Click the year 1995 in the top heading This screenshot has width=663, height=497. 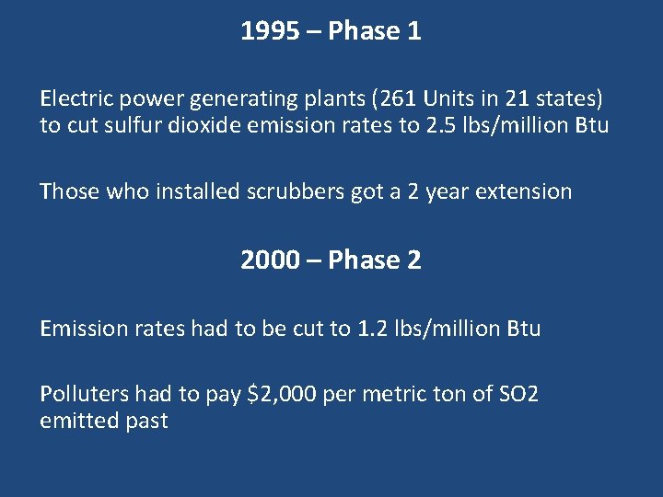(x=267, y=31)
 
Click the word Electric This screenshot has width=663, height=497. (x=74, y=98)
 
